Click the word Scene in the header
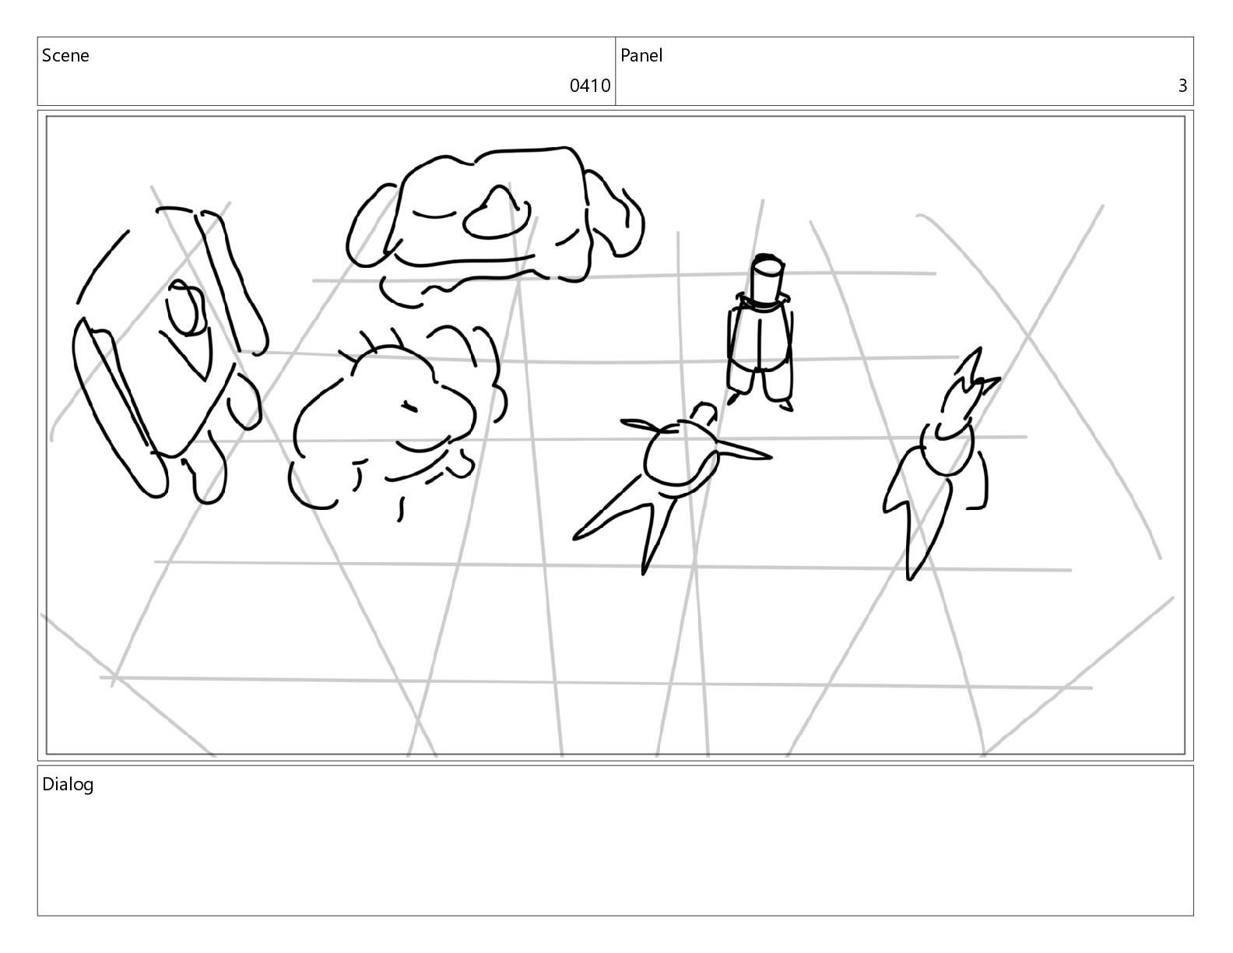tap(65, 55)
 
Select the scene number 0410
tap(589, 86)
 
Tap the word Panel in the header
tap(641, 55)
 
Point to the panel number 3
tap(1182, 86)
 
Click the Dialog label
tap(68, 784)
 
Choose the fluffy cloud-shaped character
tap(397, 420)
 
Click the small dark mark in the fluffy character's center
tap(409, 406)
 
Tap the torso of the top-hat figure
tap(761, 338)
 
